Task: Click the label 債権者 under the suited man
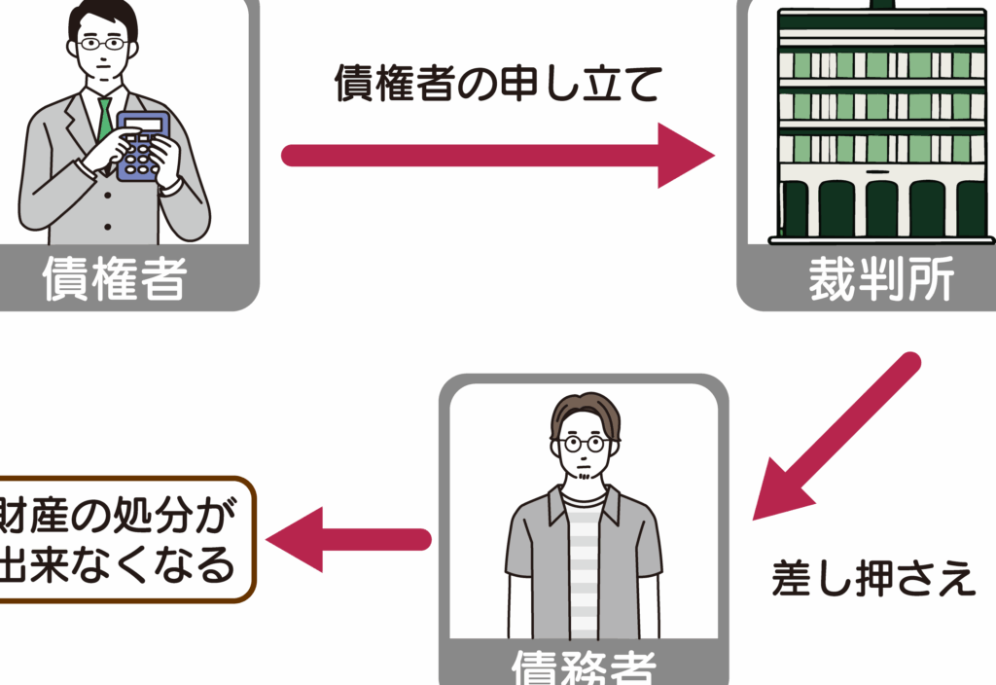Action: click(114, 279)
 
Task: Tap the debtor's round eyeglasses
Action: click(585, 443)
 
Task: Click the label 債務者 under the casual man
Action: click(584, 669)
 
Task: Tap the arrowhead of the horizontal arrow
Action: click(686, 156)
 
